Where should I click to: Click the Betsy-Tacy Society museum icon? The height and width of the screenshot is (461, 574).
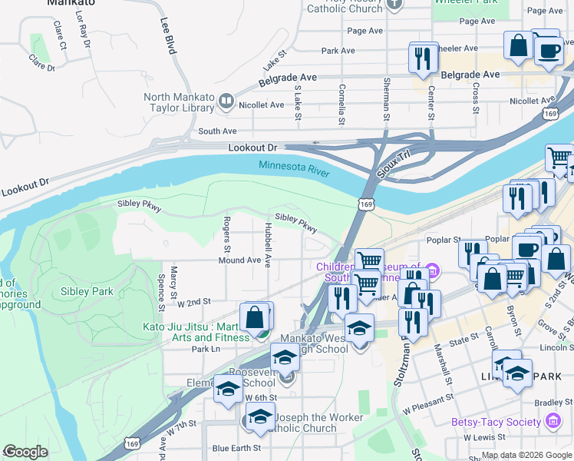pos(552,421)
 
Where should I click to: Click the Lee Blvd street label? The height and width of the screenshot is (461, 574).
pos(169,36)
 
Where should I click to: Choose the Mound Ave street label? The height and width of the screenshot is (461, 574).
pos(239,260)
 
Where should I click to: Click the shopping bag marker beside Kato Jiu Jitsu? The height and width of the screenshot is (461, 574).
pos(256,317)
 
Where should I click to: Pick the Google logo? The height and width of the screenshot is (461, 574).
pos(25,452)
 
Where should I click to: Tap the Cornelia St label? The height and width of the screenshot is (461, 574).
pos(341,104)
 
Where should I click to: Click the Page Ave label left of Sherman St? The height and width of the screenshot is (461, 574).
pos(365,31)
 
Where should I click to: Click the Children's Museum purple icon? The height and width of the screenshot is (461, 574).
pos(432,271)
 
